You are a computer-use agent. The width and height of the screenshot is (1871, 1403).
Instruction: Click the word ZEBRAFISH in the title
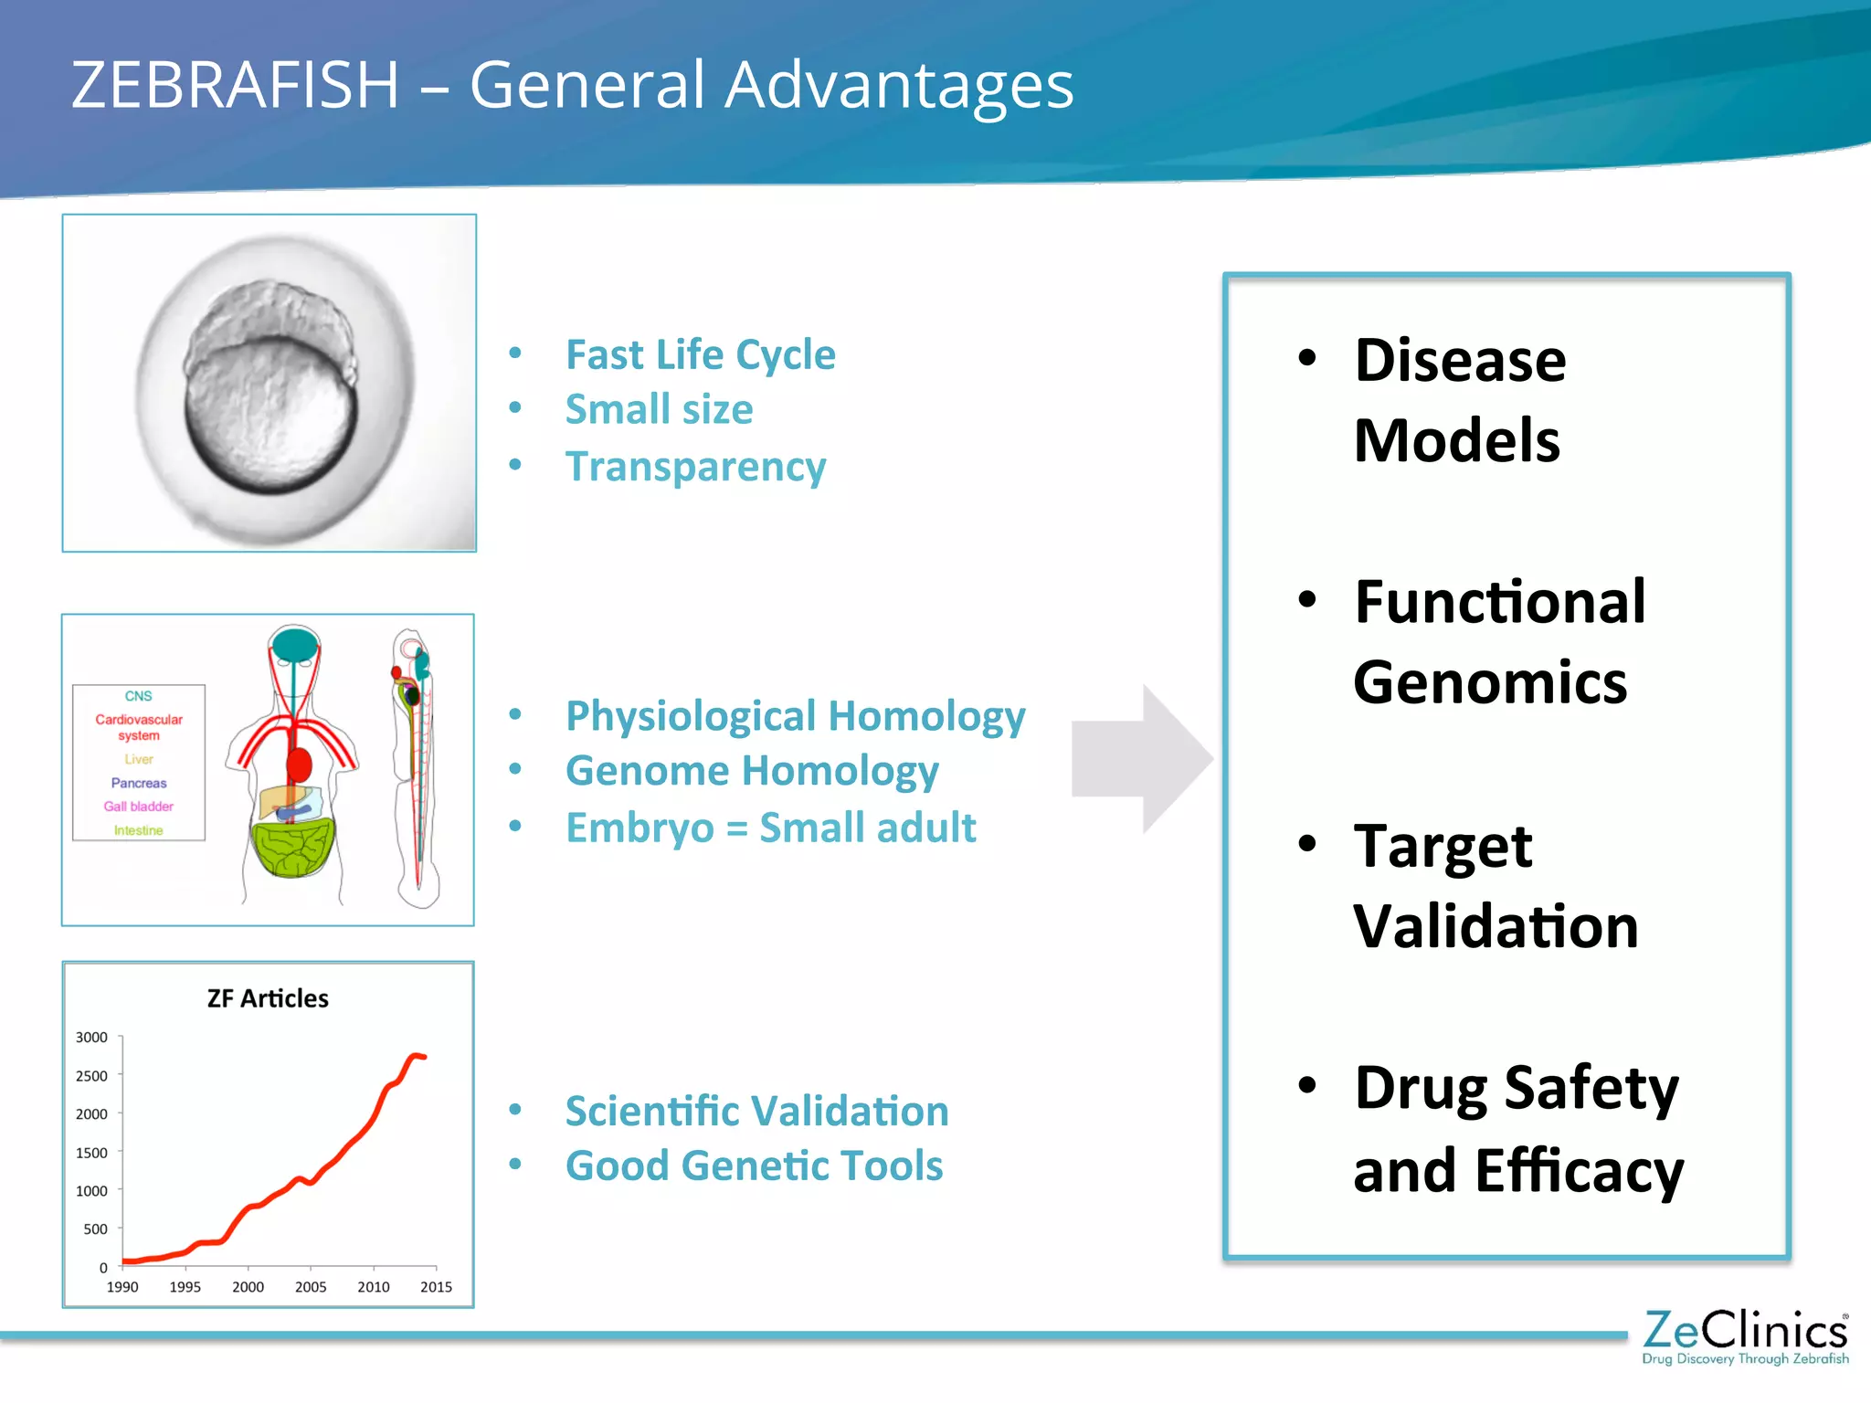236,85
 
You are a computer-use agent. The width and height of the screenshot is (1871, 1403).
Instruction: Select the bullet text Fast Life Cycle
700,354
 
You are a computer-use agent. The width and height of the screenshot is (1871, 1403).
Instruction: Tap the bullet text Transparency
695,467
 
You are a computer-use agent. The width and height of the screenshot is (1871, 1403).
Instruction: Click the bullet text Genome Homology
751,771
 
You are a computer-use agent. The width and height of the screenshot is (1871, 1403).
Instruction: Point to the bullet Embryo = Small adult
770,828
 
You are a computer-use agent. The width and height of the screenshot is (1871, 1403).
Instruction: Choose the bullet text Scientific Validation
756,1112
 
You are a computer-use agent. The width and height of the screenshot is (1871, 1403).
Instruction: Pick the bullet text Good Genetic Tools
754,1166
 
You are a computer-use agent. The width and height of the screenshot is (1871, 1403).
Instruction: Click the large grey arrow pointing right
1141,758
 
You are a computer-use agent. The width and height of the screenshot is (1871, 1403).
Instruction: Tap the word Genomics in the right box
1490,682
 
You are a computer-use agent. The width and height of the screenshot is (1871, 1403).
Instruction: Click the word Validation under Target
1496,926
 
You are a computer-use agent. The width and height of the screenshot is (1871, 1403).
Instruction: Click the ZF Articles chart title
268,998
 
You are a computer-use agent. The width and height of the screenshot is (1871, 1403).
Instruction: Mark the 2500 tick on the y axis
92,1076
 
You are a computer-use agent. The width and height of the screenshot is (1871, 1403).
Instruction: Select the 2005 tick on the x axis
311,1287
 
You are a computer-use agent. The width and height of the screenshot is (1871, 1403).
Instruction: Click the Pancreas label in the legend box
139,783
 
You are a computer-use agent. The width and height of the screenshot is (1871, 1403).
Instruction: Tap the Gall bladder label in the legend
138,807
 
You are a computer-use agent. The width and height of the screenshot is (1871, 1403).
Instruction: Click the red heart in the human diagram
299,765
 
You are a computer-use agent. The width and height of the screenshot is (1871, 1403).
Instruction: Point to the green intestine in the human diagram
292,849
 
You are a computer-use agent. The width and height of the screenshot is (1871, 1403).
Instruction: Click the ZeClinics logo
1745,1336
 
